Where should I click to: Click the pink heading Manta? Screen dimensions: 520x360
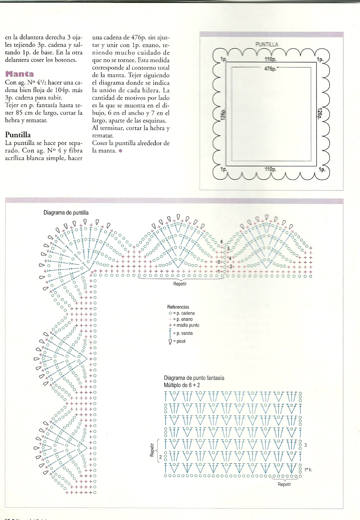tap(19, 74)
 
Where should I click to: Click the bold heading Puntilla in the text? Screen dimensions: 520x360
tap(18, 135)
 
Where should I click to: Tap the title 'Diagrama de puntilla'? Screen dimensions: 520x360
tap(66, 213)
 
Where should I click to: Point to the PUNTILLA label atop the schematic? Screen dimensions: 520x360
tap(267, 45)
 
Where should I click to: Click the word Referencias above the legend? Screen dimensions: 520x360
tap(178, 307)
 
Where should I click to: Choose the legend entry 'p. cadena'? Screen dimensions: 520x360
tap(184, 313)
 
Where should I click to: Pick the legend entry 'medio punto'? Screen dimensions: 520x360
tap(186, 325)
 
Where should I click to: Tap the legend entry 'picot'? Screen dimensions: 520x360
tap(179, 341)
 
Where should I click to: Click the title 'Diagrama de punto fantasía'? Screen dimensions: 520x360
tap(194, 378)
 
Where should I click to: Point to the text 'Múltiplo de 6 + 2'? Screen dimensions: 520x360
tap(182, 385)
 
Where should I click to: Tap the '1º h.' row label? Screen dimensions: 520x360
tap(308, 470)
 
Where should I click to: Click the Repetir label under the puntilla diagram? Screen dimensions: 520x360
tap(180, 284)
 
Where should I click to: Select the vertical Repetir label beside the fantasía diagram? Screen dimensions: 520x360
tap(152, 450)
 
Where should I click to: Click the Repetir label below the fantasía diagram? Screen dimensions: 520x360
tap(284, 484)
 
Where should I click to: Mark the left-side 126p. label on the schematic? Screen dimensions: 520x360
tap(223, 114)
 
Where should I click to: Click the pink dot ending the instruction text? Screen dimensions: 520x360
tap(121, 151)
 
